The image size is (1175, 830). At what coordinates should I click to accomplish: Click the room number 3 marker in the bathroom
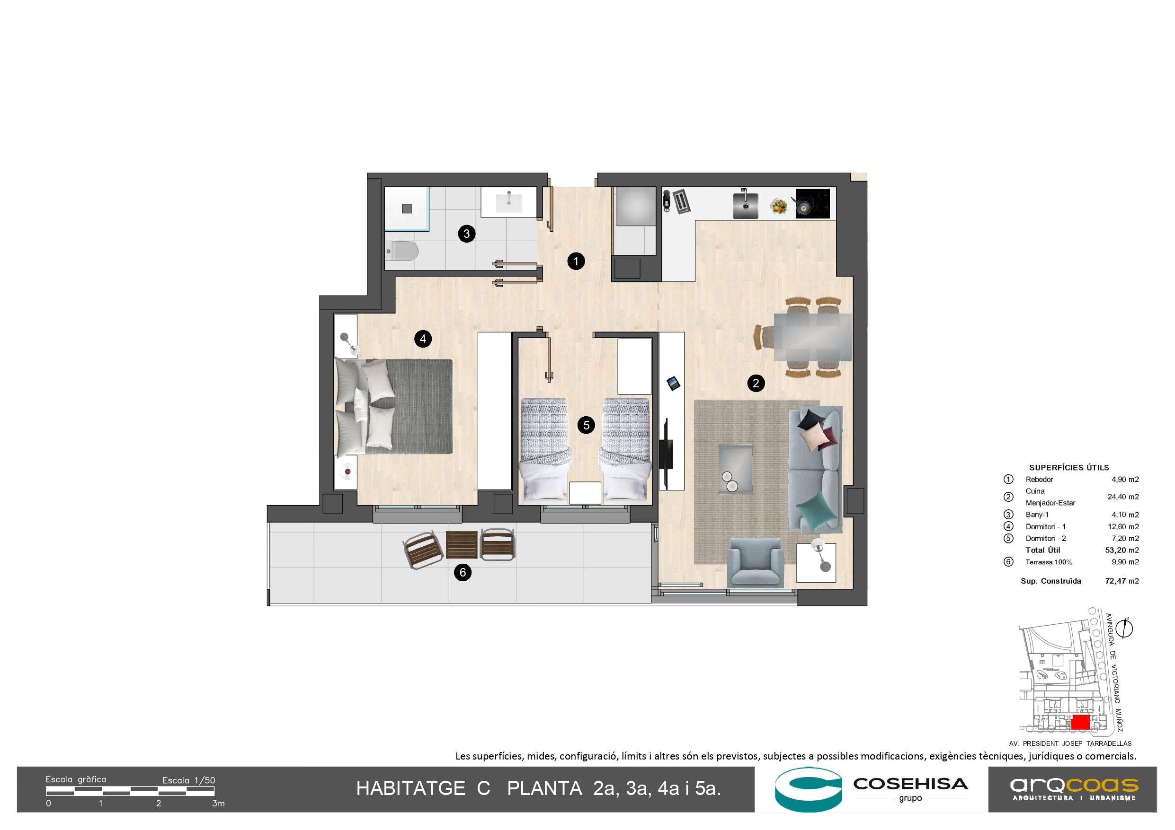[466, 234]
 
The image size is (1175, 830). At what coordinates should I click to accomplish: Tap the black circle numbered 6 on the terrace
[463, 572]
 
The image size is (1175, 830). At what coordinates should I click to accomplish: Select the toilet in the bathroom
[402, 251]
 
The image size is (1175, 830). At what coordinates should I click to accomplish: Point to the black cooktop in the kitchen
[813, 203]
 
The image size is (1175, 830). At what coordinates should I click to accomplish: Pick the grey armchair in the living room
[756, 561]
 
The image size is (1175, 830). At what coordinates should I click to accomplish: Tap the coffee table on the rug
[735, 468]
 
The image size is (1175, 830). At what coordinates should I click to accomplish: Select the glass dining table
[813, 338]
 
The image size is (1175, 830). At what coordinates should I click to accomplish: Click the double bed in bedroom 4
[393, 407]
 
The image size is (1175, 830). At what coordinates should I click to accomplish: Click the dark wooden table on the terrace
[462, 545]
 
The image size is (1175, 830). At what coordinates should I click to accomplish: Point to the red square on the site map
[1080, 722]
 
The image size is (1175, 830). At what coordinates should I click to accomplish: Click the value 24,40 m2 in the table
[1123, 497]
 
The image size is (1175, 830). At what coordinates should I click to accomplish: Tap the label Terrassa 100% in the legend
[1049, 562]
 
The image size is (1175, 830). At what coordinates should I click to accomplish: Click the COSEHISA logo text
[910, 784]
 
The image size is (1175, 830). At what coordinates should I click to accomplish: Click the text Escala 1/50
[189, 780]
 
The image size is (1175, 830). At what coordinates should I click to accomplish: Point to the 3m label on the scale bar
[219, 804]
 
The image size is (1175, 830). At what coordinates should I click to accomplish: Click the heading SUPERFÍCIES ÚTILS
[1069, 467]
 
